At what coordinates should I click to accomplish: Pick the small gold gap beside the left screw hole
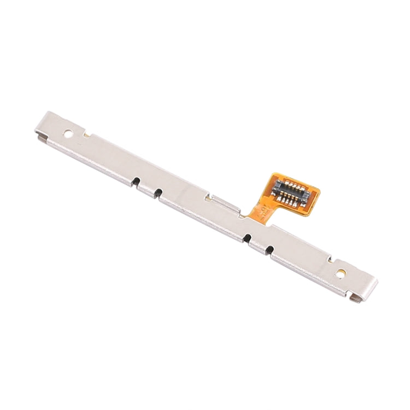point(86,132)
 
